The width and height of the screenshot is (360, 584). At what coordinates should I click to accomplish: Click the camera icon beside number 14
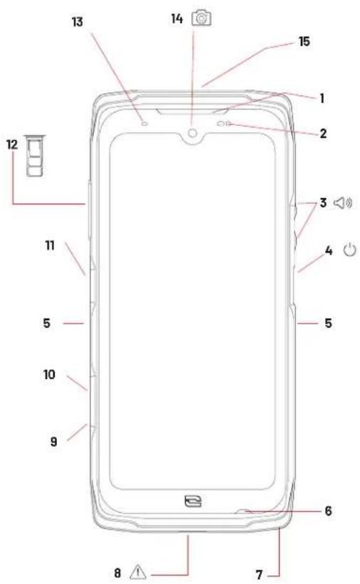click(201, 18)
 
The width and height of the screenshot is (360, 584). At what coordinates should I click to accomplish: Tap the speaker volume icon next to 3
click(342, 203)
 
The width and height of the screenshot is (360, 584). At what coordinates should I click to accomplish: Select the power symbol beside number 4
click(349, 250)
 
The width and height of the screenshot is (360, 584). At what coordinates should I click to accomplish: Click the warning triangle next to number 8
click(138, 572)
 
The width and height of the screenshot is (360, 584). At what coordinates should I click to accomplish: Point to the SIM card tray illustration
click(34, 155)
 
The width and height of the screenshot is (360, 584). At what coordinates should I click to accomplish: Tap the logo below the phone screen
click(193, 501)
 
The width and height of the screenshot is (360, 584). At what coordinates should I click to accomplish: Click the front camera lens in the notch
click(192, 132)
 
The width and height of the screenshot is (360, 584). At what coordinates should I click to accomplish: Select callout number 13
click(77, 22)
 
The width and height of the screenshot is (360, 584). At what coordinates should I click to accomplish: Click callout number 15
click(305, 41)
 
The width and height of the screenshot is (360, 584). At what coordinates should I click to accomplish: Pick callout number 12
click(12, 144)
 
